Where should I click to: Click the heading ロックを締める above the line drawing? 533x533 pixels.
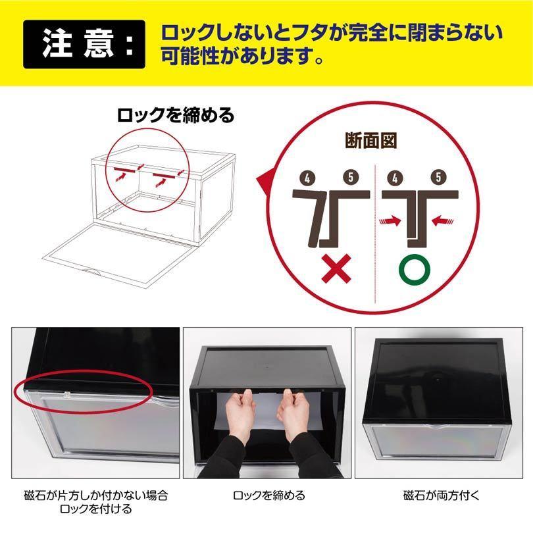[x=176, y=116]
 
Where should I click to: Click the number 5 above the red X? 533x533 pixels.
[x=351, y=177]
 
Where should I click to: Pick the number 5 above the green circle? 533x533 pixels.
[x=437, y=177]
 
